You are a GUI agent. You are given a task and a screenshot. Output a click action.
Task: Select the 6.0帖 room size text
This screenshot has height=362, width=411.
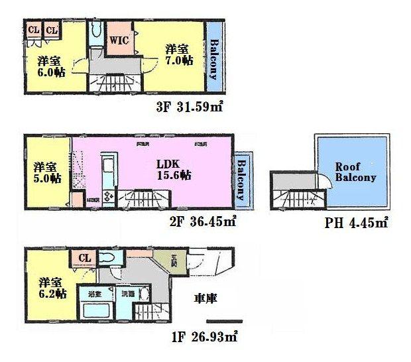tap(51, 74)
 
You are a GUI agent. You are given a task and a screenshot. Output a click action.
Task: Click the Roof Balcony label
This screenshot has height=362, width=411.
tap(355, 172)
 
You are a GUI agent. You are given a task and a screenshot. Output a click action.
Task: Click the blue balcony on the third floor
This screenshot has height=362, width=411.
tap(213, 60)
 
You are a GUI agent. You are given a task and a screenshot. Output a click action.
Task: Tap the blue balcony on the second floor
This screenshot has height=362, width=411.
tap(242, 179)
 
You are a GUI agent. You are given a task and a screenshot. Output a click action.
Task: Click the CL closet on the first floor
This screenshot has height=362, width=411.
tap(85, 258)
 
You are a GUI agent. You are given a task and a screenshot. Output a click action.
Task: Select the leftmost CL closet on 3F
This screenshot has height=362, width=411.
tap(32, 30)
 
